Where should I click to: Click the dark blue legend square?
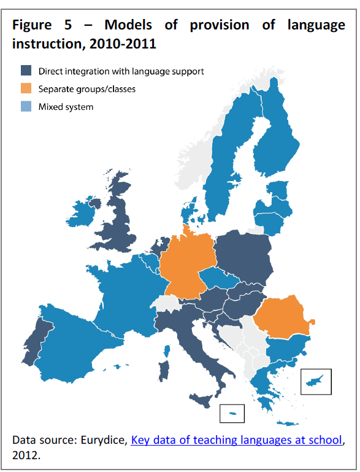26,71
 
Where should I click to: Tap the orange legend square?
26,89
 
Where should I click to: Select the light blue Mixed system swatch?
26,107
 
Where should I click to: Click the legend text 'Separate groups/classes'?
87,89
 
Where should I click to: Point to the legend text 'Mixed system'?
66,107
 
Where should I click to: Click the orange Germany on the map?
187,264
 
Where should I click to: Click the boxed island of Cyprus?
316,381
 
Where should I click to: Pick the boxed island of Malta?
232,414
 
